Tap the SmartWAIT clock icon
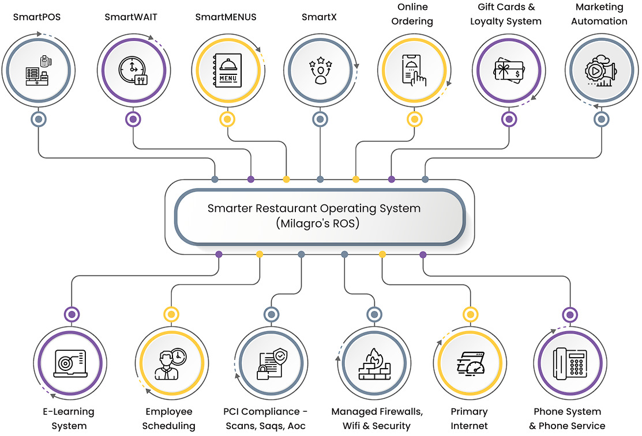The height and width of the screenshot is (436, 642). click(133, 71)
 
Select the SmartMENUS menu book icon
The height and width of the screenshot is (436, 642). click(227, 71)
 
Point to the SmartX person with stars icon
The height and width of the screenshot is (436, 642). click(320, 71)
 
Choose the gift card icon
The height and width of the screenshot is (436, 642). click(508, 71)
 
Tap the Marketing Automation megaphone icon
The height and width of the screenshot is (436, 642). click(601, 71)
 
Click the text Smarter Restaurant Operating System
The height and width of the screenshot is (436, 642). click(314, 208)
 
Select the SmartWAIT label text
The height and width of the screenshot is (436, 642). click(131, 17)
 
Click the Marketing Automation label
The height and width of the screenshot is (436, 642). click(600, 14)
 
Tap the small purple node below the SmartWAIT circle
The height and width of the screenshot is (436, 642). click(133, 119)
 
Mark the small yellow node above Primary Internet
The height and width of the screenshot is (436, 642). click(471, 314)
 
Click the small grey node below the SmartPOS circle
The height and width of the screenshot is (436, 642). click(39, 119)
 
